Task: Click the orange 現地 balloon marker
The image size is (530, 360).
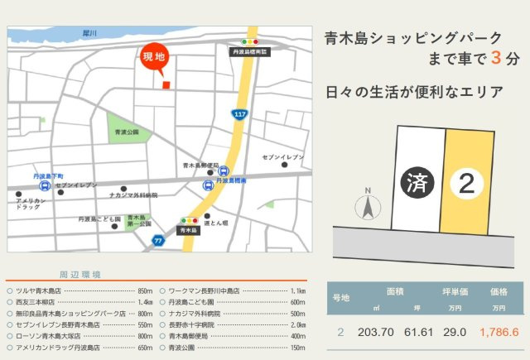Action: tap(154, 59)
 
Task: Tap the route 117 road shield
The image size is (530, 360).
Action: tap(240, 113)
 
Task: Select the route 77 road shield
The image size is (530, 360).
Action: tap(158, 240)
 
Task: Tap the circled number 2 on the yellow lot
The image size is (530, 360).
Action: tap(467, 184)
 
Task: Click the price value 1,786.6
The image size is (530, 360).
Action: tap(499, 333)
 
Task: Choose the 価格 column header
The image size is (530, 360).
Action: tap(499, 292)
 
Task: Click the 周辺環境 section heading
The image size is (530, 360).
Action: tap(79, 274)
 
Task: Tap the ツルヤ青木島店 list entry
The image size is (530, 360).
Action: tap(38, 291)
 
